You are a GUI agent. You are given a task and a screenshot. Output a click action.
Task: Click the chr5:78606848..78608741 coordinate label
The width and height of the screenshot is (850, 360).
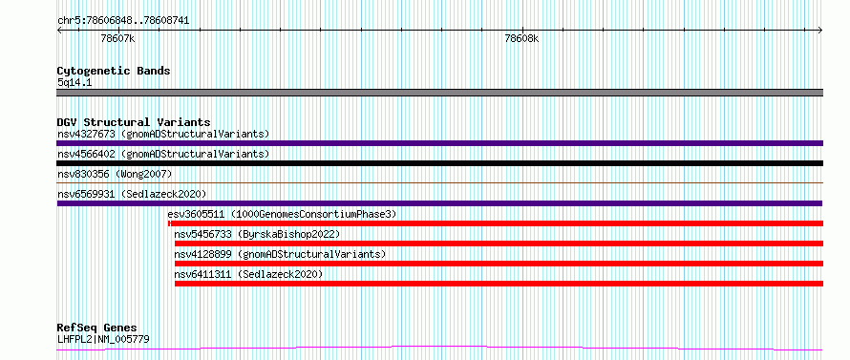(x=123, y=21)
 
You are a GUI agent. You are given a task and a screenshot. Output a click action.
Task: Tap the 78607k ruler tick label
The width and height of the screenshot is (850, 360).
(x=117, y=38)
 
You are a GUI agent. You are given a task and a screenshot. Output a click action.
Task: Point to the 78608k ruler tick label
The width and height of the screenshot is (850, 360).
(x=522, y=38)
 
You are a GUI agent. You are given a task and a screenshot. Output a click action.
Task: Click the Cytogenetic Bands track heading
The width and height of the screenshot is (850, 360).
(x=114, y=71)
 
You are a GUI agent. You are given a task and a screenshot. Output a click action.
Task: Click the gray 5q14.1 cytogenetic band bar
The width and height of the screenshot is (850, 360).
(x=439, y=93)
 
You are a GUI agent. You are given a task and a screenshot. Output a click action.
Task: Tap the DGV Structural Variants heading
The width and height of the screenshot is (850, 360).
(x=134, y=122)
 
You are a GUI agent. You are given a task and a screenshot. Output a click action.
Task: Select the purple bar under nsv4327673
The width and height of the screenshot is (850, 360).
(x=439, y=143)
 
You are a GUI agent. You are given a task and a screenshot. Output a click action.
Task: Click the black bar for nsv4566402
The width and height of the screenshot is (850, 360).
(x=439, y=163)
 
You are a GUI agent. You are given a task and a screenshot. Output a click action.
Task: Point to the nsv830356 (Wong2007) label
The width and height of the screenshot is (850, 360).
(x=115, y=174)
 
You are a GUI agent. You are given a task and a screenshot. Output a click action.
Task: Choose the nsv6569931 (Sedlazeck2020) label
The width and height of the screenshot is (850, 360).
(x=132, y=194)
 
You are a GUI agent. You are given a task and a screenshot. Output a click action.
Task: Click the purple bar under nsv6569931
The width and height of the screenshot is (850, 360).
(x=439, y=203)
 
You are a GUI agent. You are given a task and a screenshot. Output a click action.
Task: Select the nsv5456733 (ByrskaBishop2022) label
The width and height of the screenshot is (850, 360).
(x=257, y=234)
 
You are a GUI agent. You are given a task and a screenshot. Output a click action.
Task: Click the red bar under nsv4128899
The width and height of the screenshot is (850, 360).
(x=499, y=264)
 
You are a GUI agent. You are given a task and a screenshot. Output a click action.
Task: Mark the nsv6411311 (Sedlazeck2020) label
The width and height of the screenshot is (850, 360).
(x=248, y=274)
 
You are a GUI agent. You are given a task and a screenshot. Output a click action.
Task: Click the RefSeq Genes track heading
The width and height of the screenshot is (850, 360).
(x=97, y=328)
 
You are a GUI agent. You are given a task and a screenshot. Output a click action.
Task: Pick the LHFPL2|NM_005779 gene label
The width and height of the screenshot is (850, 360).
(x=103, y=339)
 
